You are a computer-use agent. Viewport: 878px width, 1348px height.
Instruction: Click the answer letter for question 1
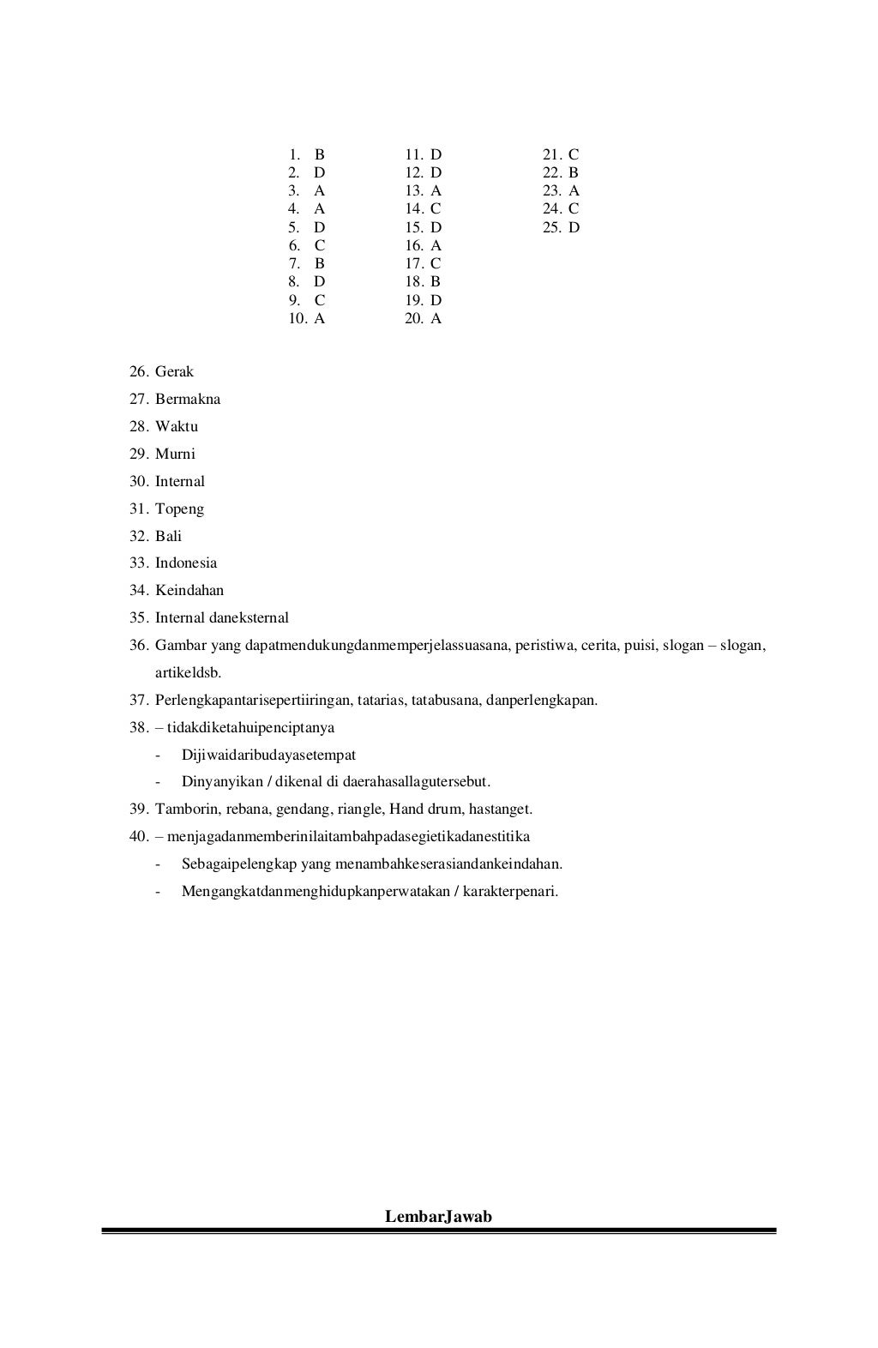click(x=320, y=155)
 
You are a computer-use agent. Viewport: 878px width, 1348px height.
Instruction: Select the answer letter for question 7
click(x=320, y=264)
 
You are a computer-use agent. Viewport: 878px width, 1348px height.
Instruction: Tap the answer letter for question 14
click(x=436, y=209)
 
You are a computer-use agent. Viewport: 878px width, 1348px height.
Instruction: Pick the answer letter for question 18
click(x=436, y=282)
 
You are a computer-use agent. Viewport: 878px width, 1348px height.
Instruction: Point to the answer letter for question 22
click(x=574, y=173)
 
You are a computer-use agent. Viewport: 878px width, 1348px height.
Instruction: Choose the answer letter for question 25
click(x=574, y=228)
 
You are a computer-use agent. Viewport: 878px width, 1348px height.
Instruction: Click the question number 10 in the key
click(x=298, y=319)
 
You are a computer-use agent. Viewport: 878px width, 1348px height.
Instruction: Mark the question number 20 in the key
click(x=414, y=319)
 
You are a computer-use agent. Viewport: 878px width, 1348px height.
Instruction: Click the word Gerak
click(x=174, y=372)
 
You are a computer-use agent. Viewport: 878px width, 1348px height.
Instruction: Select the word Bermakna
click(x=188, y=400)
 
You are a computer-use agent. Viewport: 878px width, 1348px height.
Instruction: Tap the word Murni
click(x=175, y=454)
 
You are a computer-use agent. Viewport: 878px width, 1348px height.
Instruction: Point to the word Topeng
click(x=179, y=509)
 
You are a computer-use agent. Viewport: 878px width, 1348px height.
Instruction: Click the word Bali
click(x=168, y=537)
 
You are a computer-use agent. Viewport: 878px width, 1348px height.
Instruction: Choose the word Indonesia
click(x=186, y=563)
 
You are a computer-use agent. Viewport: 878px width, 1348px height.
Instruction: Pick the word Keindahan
click(x=189, y=591)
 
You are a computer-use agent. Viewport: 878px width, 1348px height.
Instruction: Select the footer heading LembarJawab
click(x=438, y=1217)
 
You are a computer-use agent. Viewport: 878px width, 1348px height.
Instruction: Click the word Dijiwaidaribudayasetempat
click(x=268, y=755)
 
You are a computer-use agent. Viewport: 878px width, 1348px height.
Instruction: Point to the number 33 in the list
click(x=139, y=563)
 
